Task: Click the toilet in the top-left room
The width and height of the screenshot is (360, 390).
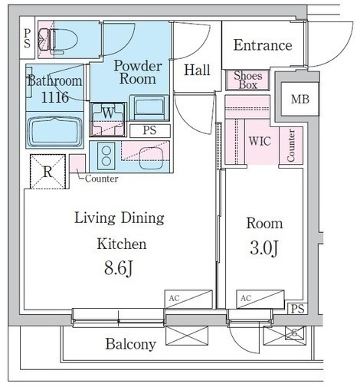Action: (x=58, y=40)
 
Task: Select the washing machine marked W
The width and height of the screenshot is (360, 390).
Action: (x=108, y=120)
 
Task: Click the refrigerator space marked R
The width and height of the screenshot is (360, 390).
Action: (x=47, y=172)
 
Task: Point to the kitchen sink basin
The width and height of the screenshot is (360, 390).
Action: (x=152, y=159)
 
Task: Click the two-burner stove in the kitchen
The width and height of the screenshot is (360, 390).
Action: (x=106, y=156)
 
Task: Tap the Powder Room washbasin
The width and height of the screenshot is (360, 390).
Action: (x=149, y=107)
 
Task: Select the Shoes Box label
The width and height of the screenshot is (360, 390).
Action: (x=248, y=80)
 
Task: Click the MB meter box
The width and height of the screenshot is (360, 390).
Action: (x=300, y=99)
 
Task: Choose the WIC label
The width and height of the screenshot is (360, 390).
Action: (x=260, y=141)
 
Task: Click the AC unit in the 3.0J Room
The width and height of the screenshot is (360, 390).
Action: (x=260, y=299)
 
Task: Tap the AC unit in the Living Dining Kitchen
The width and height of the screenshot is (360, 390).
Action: (x=188, y=299)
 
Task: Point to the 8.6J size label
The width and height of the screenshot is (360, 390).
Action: (x=119, y=269)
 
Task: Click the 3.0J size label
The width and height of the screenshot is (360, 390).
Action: (x=264, y=247)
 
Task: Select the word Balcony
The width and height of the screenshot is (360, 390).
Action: (x=131, y=344)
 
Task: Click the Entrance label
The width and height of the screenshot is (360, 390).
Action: (x=263, y=45)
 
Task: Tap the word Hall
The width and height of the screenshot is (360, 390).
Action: (x=197, y=70)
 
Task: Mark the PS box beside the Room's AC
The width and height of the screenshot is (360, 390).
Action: (x=297, y=309)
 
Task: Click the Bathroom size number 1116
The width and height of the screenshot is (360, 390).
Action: (x=55, y=97)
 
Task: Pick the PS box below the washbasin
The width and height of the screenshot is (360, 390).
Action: (x=149, y=130)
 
